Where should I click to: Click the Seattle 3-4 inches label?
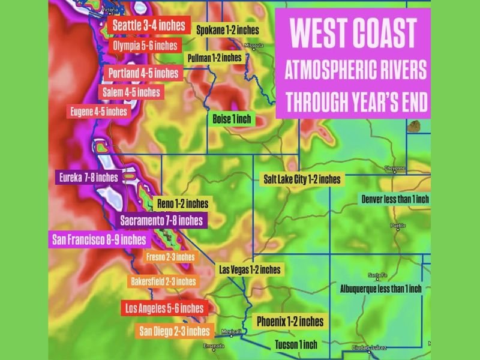[150, 26]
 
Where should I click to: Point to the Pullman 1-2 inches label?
[214, 58]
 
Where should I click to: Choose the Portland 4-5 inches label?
[143, 73]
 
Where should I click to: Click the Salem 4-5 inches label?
[131, 92]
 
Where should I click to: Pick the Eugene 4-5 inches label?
[99, 112]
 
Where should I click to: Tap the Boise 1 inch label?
[232, 119]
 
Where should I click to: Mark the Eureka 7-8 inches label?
[88, 178]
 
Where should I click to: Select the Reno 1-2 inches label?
[182, 203]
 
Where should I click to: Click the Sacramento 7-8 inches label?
[161, 220]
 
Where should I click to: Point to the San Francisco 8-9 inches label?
[98, 240]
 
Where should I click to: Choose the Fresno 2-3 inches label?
[170, 257]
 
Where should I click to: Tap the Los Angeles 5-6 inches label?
[163, 308]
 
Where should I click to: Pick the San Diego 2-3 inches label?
[174, 331]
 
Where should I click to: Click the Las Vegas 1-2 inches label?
[250, 269]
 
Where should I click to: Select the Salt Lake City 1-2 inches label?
[302, 179]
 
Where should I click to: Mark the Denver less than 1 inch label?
[394, 199]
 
